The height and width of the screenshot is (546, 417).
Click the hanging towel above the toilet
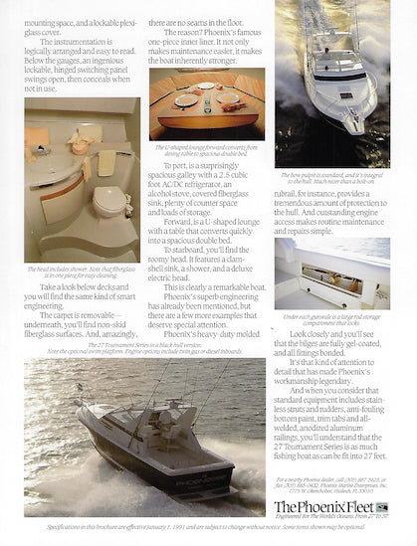coord(106,161)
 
